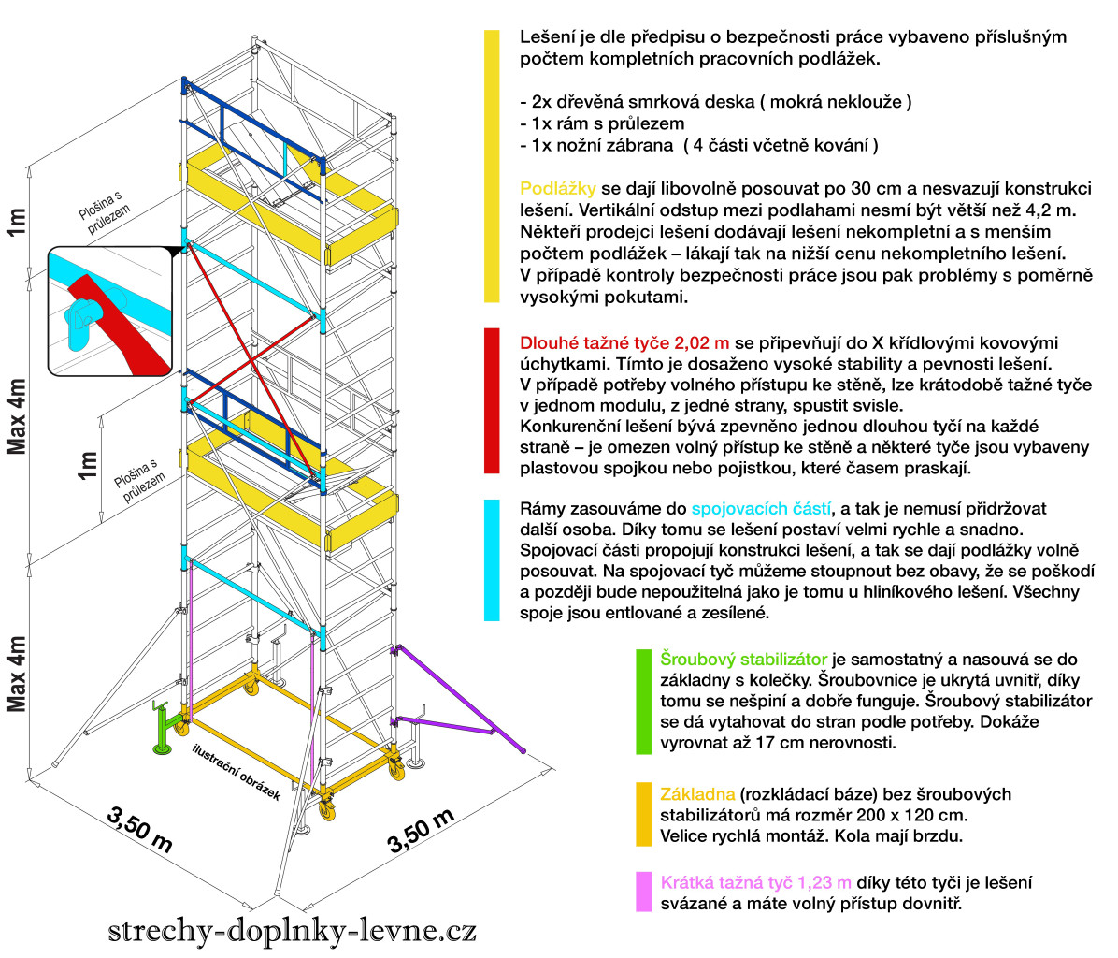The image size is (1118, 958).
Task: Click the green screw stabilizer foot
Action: click(x=164, y=729)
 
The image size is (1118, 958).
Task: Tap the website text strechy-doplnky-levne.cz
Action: click(x=293, y=930)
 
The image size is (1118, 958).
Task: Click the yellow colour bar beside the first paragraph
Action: click(x=492, y=167)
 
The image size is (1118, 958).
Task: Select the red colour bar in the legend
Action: click(x=492, y=401)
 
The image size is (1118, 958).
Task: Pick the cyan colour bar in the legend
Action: click(x=492, y=560)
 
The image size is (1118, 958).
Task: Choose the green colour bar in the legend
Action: click(x=643, y=702)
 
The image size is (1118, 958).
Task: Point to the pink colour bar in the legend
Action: click(x=643, y=893)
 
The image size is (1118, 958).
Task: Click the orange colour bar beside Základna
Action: click(x=643, y=815)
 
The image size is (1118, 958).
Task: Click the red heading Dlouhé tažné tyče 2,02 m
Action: click(x=624, y=343)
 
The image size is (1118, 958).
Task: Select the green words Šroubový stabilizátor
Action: click(x=744, y=660)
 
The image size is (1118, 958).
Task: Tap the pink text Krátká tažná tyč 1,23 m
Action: click(x=756, y=883)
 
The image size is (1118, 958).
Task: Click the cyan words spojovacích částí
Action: click(x=762, y=509)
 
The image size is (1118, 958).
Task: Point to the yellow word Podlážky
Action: click(x=557, y=188)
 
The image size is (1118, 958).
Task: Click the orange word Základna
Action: click(x=697, y=794)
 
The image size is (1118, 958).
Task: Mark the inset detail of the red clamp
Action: click(x=110, y=311)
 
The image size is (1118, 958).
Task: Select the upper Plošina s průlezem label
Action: click(x=104, y=211)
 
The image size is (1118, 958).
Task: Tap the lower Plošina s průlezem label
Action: click(x=140, y=481)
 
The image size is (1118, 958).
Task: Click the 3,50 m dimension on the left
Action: click(x=140, y=829)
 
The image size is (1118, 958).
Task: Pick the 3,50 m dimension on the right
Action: click(x=421, y=831)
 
